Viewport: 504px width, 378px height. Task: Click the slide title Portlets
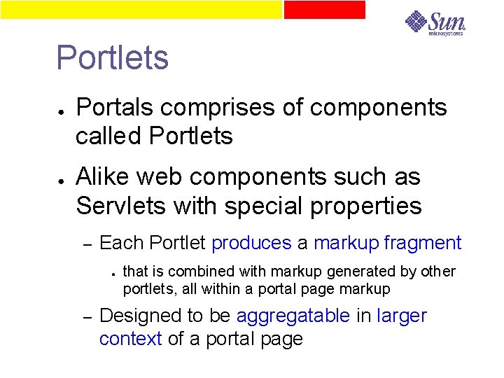(112, 58)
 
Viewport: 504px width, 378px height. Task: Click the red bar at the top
(324, 9)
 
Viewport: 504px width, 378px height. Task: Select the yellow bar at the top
(140, 9)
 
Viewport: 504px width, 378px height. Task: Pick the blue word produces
(251, 244)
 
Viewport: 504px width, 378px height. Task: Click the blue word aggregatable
(293, 316)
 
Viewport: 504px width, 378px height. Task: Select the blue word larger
(402, 316)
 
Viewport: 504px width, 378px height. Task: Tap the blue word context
(131, 339)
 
